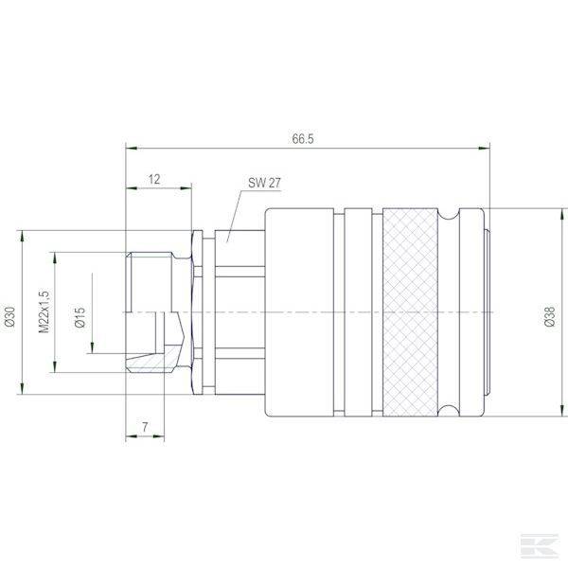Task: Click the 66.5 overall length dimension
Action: pos(303,138)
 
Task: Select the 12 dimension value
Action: pos(154,178)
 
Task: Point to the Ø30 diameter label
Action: pos(9,315)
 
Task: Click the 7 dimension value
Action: pos(145,428)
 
